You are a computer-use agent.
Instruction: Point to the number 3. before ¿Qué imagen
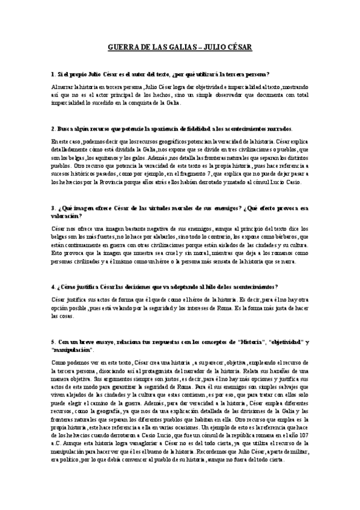pyautogui.click(x=53, y=208)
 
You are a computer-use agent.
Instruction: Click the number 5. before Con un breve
pyautogui.click(x=53, y=342)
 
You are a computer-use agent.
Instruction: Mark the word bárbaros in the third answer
pyautogui.click(x=288, y=237)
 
